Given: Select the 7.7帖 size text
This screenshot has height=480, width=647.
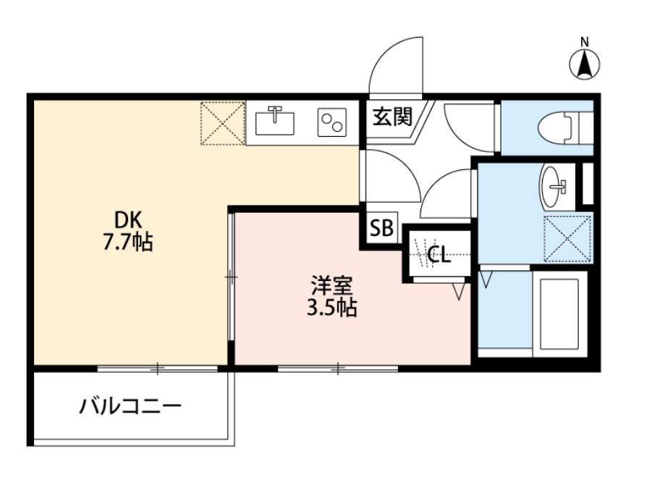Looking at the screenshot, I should (127, 242).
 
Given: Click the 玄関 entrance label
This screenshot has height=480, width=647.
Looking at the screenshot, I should (392, 117).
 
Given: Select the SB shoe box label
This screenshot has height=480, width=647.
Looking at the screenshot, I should (381, 229).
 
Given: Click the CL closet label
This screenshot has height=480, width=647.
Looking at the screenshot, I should (439, 254).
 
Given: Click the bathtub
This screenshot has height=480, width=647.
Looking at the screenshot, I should (559, 313).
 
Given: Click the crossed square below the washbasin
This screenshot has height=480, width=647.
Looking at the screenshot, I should (567, 238).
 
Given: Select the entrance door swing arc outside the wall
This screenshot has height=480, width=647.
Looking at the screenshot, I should (395, 64).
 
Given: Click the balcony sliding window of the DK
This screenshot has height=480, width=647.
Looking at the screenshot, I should (157, 369).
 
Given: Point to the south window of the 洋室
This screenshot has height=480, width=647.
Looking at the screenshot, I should (337, 369).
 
